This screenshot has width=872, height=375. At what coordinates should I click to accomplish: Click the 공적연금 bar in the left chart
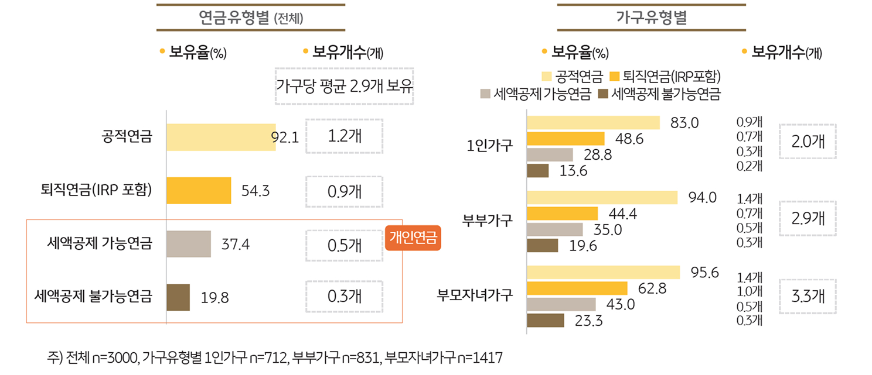coord(221,137)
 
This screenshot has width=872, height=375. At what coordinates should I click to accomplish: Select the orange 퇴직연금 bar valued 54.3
coord(199,190)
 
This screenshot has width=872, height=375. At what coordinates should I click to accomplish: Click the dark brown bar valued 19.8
coord(178,297)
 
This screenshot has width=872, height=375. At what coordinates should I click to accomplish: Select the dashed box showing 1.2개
coord(344,136)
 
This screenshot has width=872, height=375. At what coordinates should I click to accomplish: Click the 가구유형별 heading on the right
coord(651,18)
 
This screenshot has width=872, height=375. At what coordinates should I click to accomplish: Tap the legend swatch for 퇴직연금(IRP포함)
coord(614,76)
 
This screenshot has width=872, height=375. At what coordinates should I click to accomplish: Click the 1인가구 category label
coord(490,146)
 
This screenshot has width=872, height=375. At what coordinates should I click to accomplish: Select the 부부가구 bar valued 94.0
coord(602,198)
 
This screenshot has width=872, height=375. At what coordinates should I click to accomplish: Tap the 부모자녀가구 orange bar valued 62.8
coord(577,288)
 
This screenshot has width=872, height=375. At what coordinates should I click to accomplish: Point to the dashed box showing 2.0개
coord(808,142)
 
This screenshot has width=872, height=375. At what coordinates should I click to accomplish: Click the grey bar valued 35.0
coord(555,229)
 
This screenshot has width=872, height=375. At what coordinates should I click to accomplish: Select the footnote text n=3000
coord(115,357)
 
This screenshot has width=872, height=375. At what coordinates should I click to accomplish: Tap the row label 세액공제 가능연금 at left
coord(100,243)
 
